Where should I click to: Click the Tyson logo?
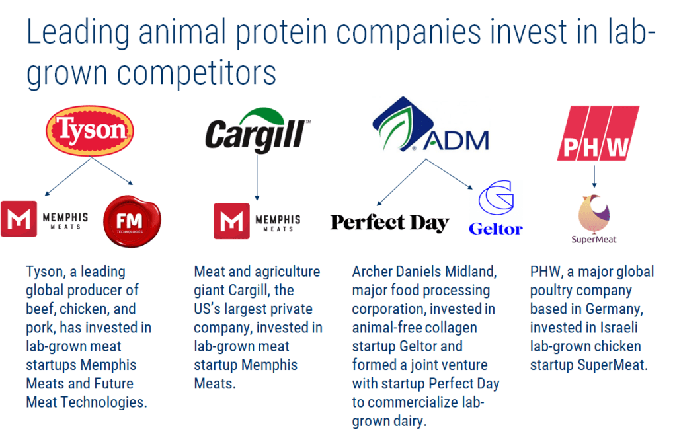click(x=90, y=130)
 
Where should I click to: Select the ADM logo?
click(x=430, y=124)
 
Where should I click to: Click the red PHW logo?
click(x=598, y=133)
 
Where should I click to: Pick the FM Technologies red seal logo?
click(x=132, y=221)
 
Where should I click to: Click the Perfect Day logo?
click(x=390, y=223)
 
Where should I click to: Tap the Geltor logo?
click(x=496, y=208)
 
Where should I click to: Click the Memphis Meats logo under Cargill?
click(x=257, y=221)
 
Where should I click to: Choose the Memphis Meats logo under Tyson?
click(x=44, y=219)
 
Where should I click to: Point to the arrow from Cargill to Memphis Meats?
click(x=257, y=177)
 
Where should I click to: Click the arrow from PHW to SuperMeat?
click(x=594, y=176)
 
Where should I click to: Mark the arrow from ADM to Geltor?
click(x=450, y=174)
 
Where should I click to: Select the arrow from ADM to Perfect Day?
click(x=401, y=182)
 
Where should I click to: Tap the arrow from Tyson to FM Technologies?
click(x=112, y=171)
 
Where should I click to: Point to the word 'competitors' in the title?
click(x=196, y=74)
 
